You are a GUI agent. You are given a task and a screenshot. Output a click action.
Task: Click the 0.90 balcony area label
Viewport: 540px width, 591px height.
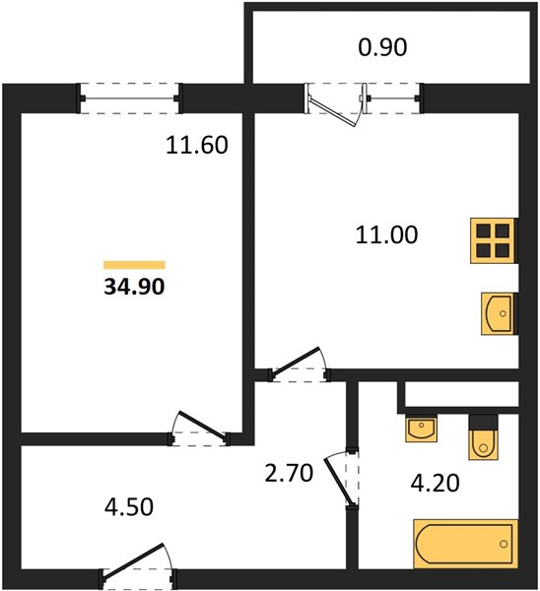(x=382, y=48)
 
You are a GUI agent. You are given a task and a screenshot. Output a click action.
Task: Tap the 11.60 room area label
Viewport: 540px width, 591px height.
(x=197, y=145)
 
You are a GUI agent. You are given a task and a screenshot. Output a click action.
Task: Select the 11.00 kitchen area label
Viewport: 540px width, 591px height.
(x=386, y=234)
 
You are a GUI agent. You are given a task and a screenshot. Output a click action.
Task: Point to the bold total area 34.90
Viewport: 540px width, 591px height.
(x=134, y=287)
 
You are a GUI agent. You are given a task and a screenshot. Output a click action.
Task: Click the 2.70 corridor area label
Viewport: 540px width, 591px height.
(x=289, y=474)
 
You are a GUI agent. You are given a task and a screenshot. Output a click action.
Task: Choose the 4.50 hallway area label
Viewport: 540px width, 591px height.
(x=129, y=507)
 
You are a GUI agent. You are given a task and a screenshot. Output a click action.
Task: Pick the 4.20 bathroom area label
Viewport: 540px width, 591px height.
(x=435, y=484)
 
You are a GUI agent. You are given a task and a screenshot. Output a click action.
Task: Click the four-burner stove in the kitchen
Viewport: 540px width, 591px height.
(x=494, y=240)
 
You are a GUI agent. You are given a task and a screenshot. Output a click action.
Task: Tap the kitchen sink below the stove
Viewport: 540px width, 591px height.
(x=499, y=313)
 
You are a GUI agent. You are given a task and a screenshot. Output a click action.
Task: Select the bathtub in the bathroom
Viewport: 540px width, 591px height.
(x=466, y=544)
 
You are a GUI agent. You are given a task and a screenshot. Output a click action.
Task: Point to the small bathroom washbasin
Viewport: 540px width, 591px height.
(x=421, y=428)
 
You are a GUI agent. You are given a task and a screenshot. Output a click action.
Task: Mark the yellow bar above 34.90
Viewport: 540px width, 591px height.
(x=134, y=265)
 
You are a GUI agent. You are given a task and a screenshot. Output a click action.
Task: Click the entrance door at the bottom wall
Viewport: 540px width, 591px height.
(x=133, y=560)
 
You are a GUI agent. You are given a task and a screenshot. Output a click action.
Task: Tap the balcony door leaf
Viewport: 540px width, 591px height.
(x=332, y=110)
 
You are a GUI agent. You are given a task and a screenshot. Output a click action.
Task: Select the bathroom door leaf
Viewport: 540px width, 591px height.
(x=338, y=481)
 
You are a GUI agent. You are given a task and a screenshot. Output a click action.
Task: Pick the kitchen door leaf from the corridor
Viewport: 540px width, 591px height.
(x=296, y=362)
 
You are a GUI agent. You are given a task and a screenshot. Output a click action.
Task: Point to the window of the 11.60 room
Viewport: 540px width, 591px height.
(x=130, y=98)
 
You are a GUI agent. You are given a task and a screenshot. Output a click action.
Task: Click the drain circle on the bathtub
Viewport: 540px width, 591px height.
(x=504, y=544)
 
